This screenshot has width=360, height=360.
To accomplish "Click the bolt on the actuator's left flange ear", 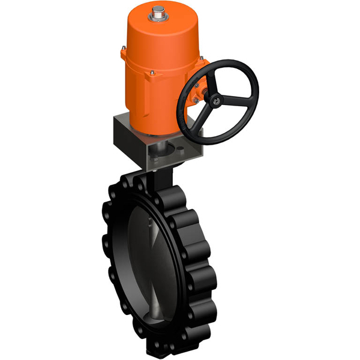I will point(124,52).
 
